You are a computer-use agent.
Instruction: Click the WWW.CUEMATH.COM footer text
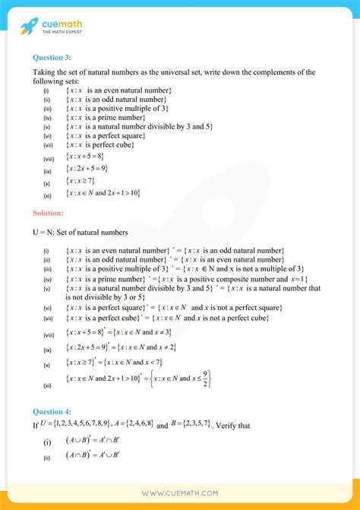coord(179,493)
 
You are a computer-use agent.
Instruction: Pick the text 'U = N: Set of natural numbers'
coord(81,232)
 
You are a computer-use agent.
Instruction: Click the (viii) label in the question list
coord(48,158)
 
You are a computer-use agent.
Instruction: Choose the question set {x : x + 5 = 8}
coord(86,157)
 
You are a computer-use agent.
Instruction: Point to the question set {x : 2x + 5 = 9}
coord(87,168)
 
